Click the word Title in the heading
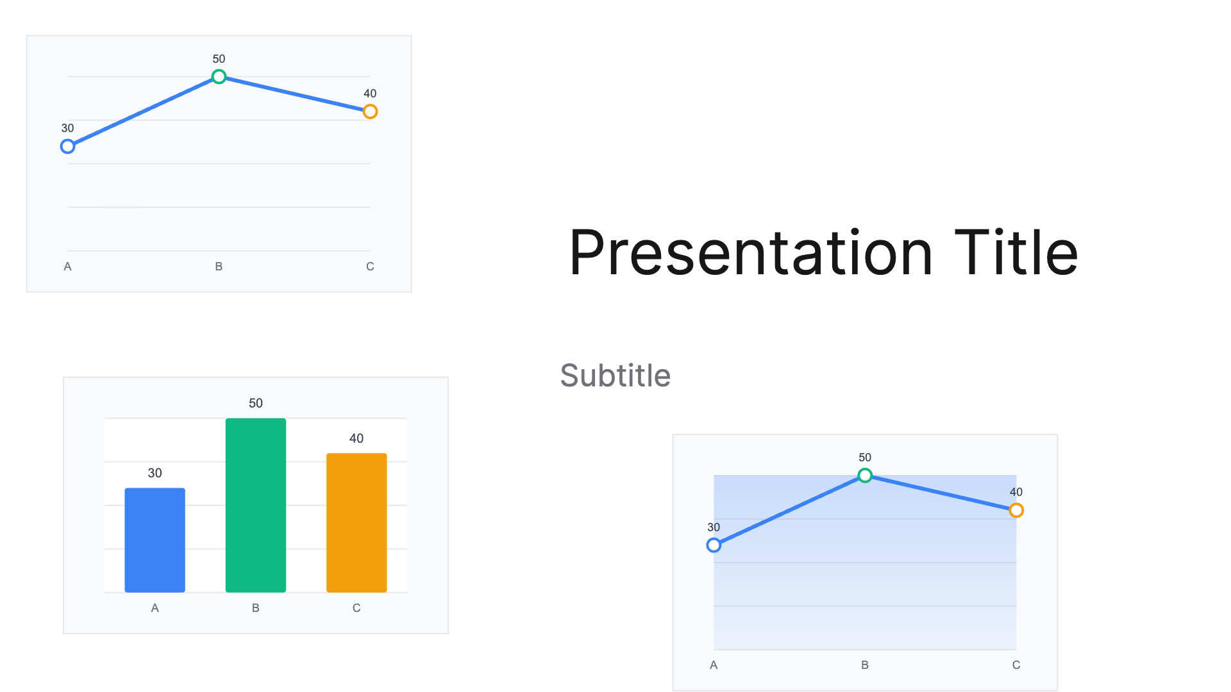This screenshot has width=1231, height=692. (1016, 253)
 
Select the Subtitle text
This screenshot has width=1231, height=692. (615, 375)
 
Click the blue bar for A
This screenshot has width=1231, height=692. (155, 540)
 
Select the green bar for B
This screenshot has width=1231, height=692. (255, 505)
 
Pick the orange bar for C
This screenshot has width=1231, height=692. (356, 522)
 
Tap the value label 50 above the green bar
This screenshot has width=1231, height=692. (255, 403)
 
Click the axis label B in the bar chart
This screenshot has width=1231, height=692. (255, 608)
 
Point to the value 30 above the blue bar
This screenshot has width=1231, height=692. (155, 473)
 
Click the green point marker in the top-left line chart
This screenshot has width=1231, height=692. (219, 77)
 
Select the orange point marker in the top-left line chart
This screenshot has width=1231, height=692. (370, 111)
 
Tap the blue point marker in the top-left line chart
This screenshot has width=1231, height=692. (67, 147)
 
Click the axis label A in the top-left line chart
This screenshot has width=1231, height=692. (67, 267)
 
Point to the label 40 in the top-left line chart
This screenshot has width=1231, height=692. (370, 94)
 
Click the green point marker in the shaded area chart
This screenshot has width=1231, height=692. (865, 475)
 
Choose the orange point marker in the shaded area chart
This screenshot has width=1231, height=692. (1016, 511)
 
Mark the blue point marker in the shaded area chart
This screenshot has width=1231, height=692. (714, 545)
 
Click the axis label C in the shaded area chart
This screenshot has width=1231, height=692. (1016, 665)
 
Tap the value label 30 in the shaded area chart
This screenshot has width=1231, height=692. (714, 527)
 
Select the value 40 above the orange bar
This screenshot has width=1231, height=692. (356, 438)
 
